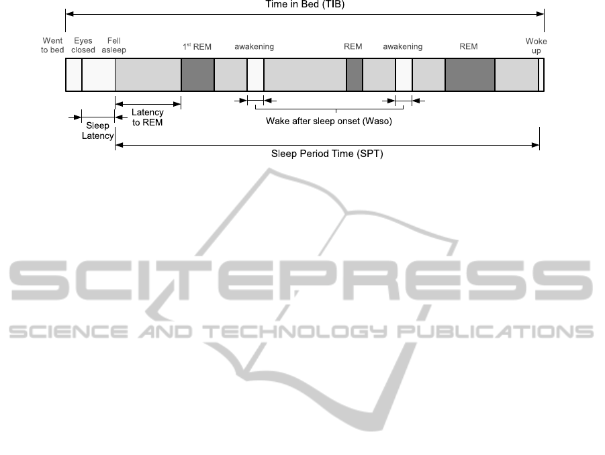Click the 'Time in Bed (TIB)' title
click(305, 4)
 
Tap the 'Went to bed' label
click(52, 45)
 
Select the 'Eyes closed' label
click(83, 45)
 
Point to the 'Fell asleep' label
click(114, 45)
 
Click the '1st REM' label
click(197, 47)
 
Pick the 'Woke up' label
click(536, 46)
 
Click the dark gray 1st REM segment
click(198, 74)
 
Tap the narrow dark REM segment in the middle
click(355, 74)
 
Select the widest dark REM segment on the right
click(470, 74)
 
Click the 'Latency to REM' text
click(148, 117)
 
